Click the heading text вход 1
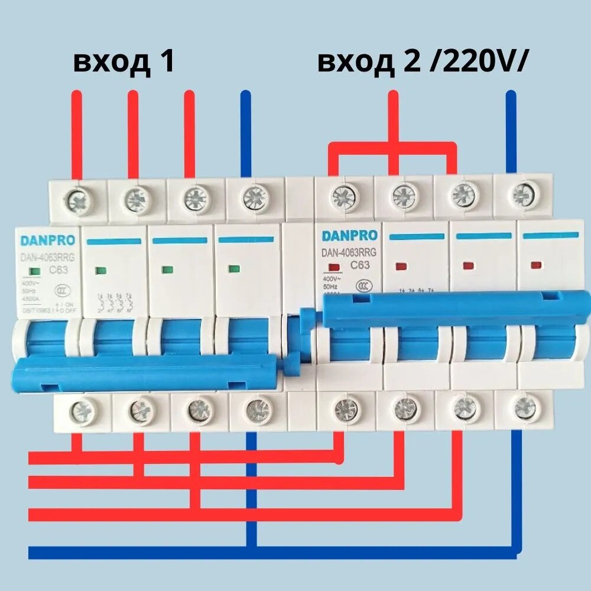[124, 62]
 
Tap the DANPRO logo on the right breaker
[349, 236]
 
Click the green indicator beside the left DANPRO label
[34, 271]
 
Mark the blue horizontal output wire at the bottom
[272, 553]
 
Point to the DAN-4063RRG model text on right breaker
[349, 252]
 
